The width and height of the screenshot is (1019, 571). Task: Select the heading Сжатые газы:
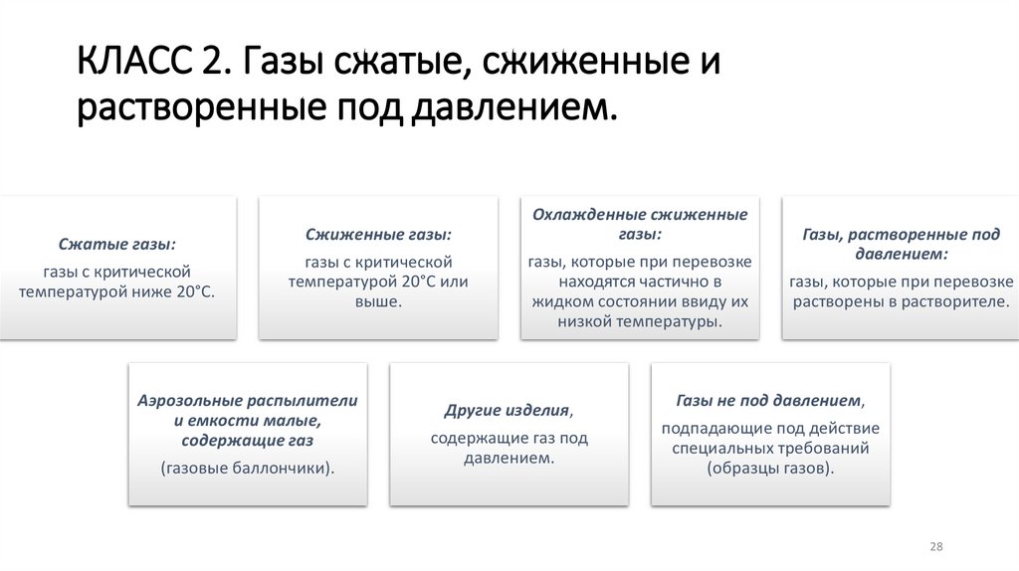click(x=117, y=245)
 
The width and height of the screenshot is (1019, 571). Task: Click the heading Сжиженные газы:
click(x=378, y=235)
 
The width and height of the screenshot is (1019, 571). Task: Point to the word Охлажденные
click(x=588, y=215)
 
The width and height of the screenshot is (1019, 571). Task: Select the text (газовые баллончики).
click(x=247, y=467)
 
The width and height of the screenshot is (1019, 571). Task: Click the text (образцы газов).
click(x=770, y=467)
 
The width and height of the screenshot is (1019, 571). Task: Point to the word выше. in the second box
click(x=378, y=301)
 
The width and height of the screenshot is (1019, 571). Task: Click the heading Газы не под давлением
click(x=768, y=401)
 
